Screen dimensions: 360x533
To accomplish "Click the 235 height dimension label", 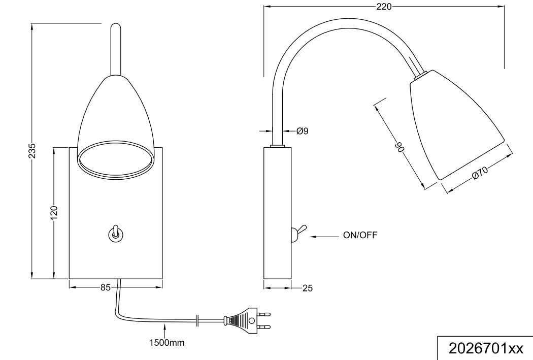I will coord(32,151).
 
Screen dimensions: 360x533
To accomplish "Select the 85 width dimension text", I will coord(105,288).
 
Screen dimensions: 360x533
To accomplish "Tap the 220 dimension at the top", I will coord(384,7).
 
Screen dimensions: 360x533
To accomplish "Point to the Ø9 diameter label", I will coord(303,131).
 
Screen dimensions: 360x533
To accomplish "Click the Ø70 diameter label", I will coord(480,173).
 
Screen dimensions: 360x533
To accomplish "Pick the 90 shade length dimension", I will coord(399,147).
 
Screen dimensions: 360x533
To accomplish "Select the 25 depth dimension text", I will coord(307,288).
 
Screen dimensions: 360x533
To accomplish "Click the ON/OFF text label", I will coord(360,235).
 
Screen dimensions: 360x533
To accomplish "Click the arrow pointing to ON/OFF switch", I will coord(325,236).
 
